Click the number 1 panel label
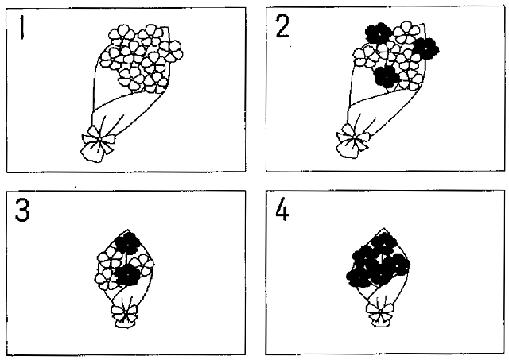[x=21, y=28]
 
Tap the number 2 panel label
[x=282, y=26]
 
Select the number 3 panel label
[x=22, y=211]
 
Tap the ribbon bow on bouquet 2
[x=353, y=137]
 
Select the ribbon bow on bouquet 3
[x=124, y=312]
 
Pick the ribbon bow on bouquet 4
[x=380, y=311]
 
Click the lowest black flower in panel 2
[x=387, y=77]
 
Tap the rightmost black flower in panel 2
[x=426, y=48]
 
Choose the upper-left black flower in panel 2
[x=379, y=33]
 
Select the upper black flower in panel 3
[x=127, y=243]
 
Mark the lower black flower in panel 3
[x=128, y=275]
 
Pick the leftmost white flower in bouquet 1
[x=111, y=58]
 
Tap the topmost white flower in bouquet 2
[x=406, y=32]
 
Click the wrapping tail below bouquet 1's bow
[x=92, y=153]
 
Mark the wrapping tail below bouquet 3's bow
[x=125, y=323]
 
